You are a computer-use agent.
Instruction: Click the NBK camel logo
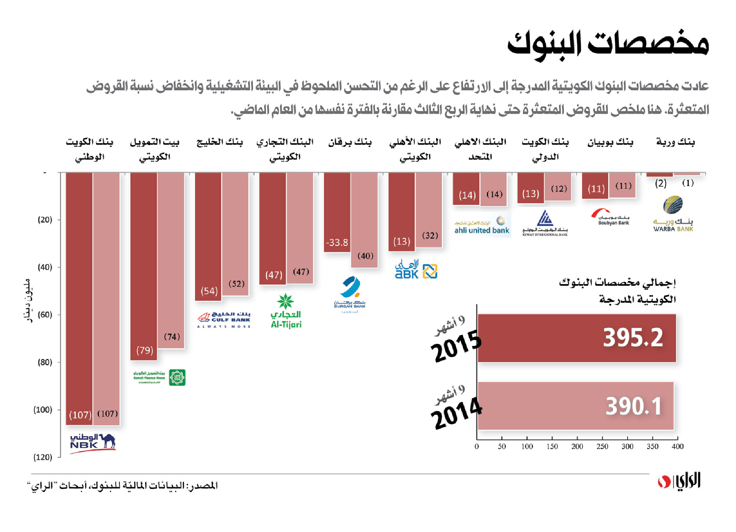[x=93, y=442]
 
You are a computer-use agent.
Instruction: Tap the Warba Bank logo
[x=673, y=215]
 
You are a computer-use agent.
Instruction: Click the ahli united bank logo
[x=482, y=225]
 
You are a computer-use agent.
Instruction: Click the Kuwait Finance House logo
[x=159, y=377]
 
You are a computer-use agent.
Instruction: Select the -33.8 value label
[x=337, y=242]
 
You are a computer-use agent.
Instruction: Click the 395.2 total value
[x=633, y=338]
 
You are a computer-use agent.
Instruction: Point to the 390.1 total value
[x=634, y=406]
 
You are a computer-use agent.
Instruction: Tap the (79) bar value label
[x=144, y=350]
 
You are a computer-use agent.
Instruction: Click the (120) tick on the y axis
[x=43, y=457]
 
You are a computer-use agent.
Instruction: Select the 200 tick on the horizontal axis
[x=577, y=446]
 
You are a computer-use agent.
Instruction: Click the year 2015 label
[x=456, y=346]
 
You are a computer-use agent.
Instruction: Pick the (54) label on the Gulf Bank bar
[x=209, y=291]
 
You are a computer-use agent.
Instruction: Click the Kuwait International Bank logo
[x=545, y=223]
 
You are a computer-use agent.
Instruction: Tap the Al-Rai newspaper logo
[x=679, y=482]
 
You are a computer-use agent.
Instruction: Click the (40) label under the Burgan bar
[x=365, y=256]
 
